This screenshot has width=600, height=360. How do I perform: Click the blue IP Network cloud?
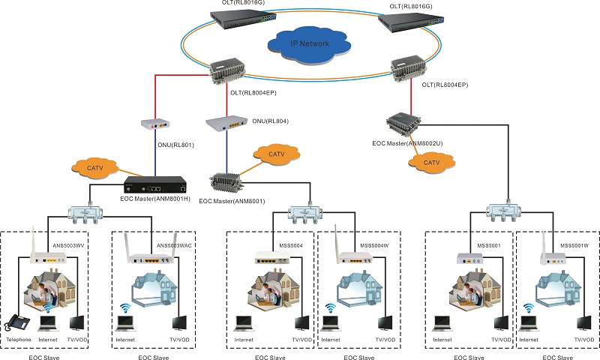pyautogui.click(x=309, y=45)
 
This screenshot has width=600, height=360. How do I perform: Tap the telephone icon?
pyautogui.click(x=17, y=322)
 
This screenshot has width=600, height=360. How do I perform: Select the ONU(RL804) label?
pyautogui.click(x=270, y=121)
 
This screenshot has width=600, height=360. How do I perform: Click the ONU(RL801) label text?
pyautogui.click(x=175, y=145)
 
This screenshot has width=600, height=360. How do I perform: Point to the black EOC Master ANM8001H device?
pyautogui.click(x=155, y=184)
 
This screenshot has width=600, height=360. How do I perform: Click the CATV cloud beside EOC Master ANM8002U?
pyautogui.click(x=431, y=163)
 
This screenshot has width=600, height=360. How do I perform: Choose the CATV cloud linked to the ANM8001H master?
pyautogui.click(x=94, y=168)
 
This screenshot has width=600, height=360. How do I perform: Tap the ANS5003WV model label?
pyautogui.click(x=68, y=245)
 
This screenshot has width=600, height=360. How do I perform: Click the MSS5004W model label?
pyautogui.click(x=374, y=245)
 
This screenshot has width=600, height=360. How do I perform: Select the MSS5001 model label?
pyautogui.click(x=489, y=245)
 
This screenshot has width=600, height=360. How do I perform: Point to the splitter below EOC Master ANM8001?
pyautogui.click(x=305, y=214)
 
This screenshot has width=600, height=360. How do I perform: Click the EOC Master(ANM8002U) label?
pyautogui.click(x=407, y=143)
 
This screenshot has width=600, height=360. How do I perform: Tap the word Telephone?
pyautogui.click(x=18, y=340)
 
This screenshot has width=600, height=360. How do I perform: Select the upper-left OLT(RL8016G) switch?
pyautogui.click(x=243, y=19)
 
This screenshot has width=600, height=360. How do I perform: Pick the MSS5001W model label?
pyautogui.click(x=574, y=245)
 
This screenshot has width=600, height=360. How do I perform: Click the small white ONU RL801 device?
pyautogui.click(x=155, y=124)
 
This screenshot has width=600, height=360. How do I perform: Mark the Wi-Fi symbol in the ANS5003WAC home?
pyautogui.click(x=124, y=308)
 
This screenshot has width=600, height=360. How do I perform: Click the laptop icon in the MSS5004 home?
pyautogui.click(x=244, y=324)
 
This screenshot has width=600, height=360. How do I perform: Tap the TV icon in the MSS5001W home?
pyautogui.click(x=584, y=323)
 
